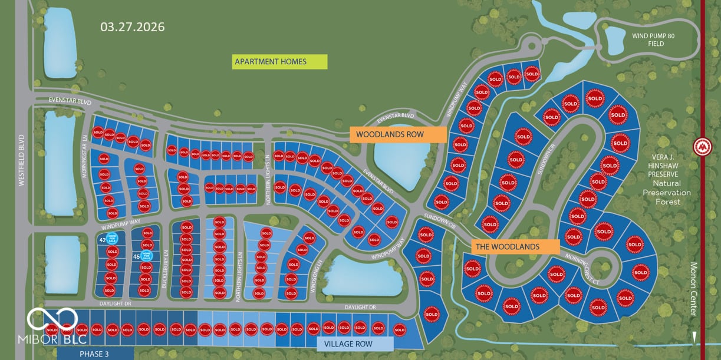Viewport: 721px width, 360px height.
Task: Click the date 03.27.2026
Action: coord(132,27)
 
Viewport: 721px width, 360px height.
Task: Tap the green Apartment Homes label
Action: coord(279,61)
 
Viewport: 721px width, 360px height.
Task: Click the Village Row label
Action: coord(355,344)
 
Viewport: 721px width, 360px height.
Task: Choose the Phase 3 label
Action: coord(95,354)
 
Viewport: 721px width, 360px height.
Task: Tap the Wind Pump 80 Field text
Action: coord(653,40)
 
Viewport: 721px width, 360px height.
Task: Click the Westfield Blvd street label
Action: coord(22,160)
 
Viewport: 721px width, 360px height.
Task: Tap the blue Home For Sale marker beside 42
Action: coord(111,239)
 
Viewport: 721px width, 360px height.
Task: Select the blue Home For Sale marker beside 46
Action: coord(147,256)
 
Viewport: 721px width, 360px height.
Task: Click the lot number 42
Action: coord(102,240)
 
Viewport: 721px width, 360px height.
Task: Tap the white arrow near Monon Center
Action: coord(694,338)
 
